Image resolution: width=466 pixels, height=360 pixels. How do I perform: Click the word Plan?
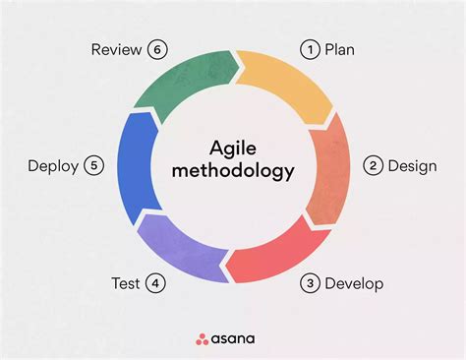point(340,49)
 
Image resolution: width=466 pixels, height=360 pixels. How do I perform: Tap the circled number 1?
point(310,49)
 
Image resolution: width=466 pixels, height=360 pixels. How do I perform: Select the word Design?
point(412,165)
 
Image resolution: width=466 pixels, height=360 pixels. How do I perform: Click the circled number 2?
point(373,165)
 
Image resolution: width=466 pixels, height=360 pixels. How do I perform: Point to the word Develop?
point(354,284)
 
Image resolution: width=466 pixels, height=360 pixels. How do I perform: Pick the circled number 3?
point(310,284)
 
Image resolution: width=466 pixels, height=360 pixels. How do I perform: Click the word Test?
point(126,284)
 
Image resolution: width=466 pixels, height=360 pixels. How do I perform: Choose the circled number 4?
point(154,284)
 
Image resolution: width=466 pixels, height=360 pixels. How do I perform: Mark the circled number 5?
point(93,165)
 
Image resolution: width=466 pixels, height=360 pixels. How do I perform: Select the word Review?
point(117,49)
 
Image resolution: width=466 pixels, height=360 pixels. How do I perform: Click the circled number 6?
point(156,49)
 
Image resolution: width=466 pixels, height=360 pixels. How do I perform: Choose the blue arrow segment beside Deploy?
point(136,167)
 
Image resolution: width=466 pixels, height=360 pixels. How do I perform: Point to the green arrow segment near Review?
point(183,84)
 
